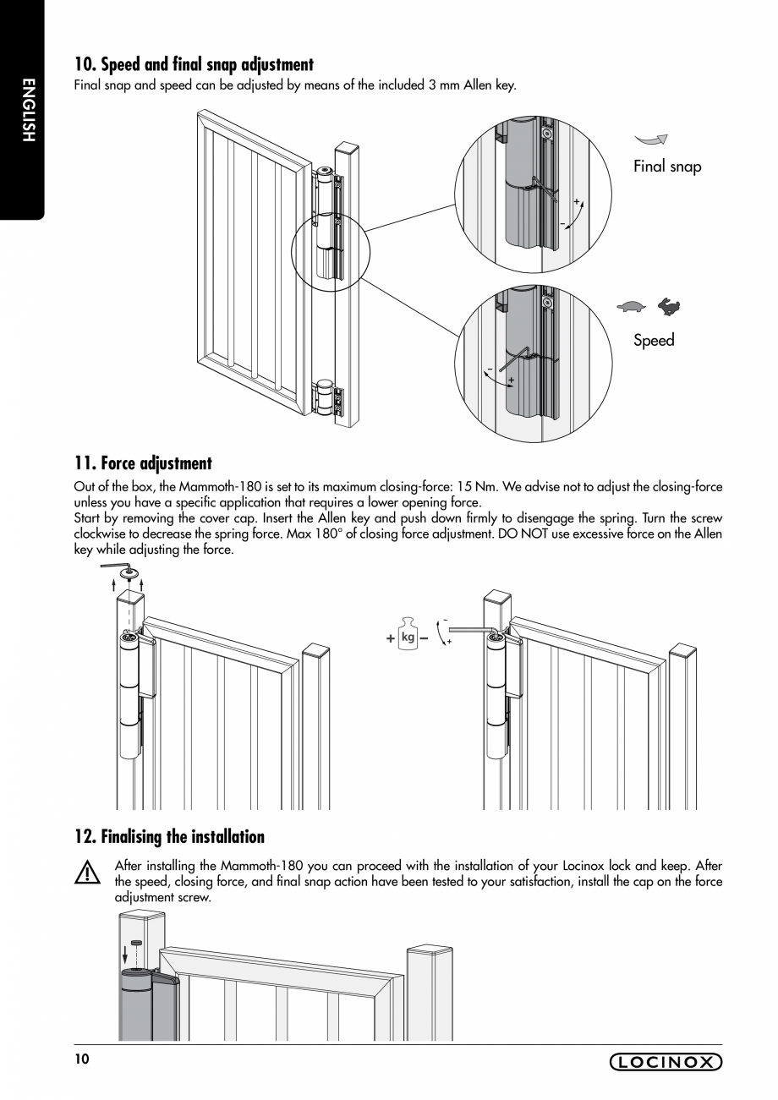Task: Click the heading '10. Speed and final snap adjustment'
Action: [194, 64]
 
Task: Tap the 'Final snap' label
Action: [667, 167]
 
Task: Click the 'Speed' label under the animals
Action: [654, 340]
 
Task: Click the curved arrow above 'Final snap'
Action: [652, 140]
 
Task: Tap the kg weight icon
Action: [408, 637]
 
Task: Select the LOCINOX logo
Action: [666, 1062]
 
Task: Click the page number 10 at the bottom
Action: [81, 1059]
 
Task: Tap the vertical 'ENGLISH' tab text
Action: [27, 110]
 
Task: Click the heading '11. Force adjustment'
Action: [143, 463]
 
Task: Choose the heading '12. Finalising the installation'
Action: [169, 837]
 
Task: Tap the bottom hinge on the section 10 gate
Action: [326, 398]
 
